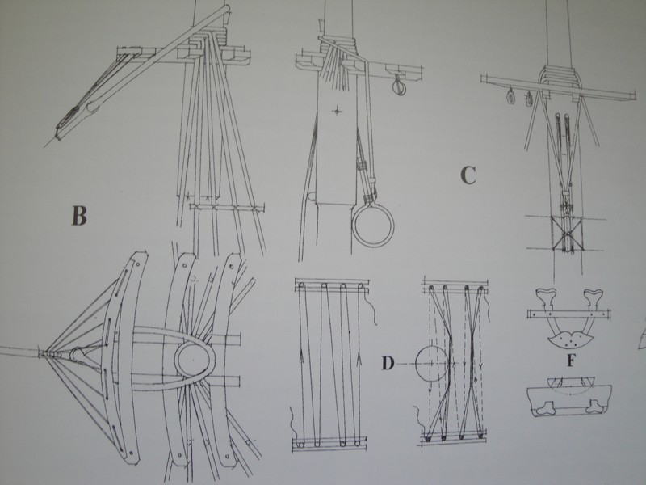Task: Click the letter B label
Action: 79,215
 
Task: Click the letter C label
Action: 468,175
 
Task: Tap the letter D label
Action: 388,363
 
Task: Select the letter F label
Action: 571,361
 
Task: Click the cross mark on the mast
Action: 338,110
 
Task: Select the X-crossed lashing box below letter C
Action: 566,234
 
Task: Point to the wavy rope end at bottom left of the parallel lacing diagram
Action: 295,425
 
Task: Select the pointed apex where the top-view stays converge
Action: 40,353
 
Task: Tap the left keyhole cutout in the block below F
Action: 544,407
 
